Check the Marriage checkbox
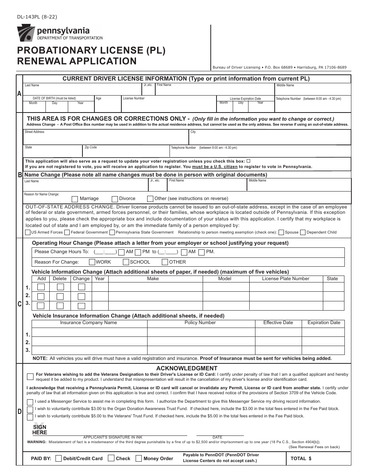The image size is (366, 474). pos(75,199)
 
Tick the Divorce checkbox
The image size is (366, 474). pos(114,199)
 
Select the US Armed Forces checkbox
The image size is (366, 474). pos(28,232)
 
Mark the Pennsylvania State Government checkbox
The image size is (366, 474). pos(112,232)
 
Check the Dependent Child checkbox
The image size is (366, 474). pos(303,232)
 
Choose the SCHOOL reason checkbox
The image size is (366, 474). pos(126,262)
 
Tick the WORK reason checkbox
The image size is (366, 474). pos(92,262)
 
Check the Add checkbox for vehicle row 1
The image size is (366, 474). pos(41,287)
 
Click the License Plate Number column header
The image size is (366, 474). pos(285,279)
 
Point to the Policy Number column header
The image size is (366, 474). pos(200,323)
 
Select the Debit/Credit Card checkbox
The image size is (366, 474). pos(59,459)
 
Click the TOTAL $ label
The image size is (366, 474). pos(301,459)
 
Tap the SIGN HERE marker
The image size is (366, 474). pos(40,429)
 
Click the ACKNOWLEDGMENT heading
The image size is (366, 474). pos(187,368)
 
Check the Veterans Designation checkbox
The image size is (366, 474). pos(30,377)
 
